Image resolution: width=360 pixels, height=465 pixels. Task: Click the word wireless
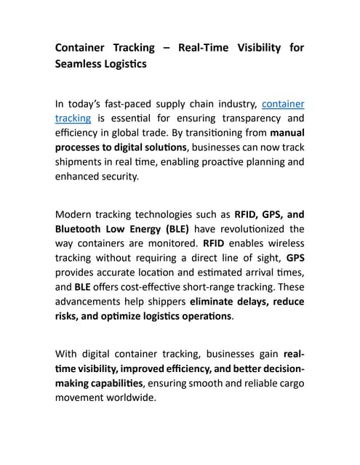pyautogui.click(x=285, y=243)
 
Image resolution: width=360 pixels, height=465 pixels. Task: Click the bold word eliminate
pyautogui.click(x=215, y=302)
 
